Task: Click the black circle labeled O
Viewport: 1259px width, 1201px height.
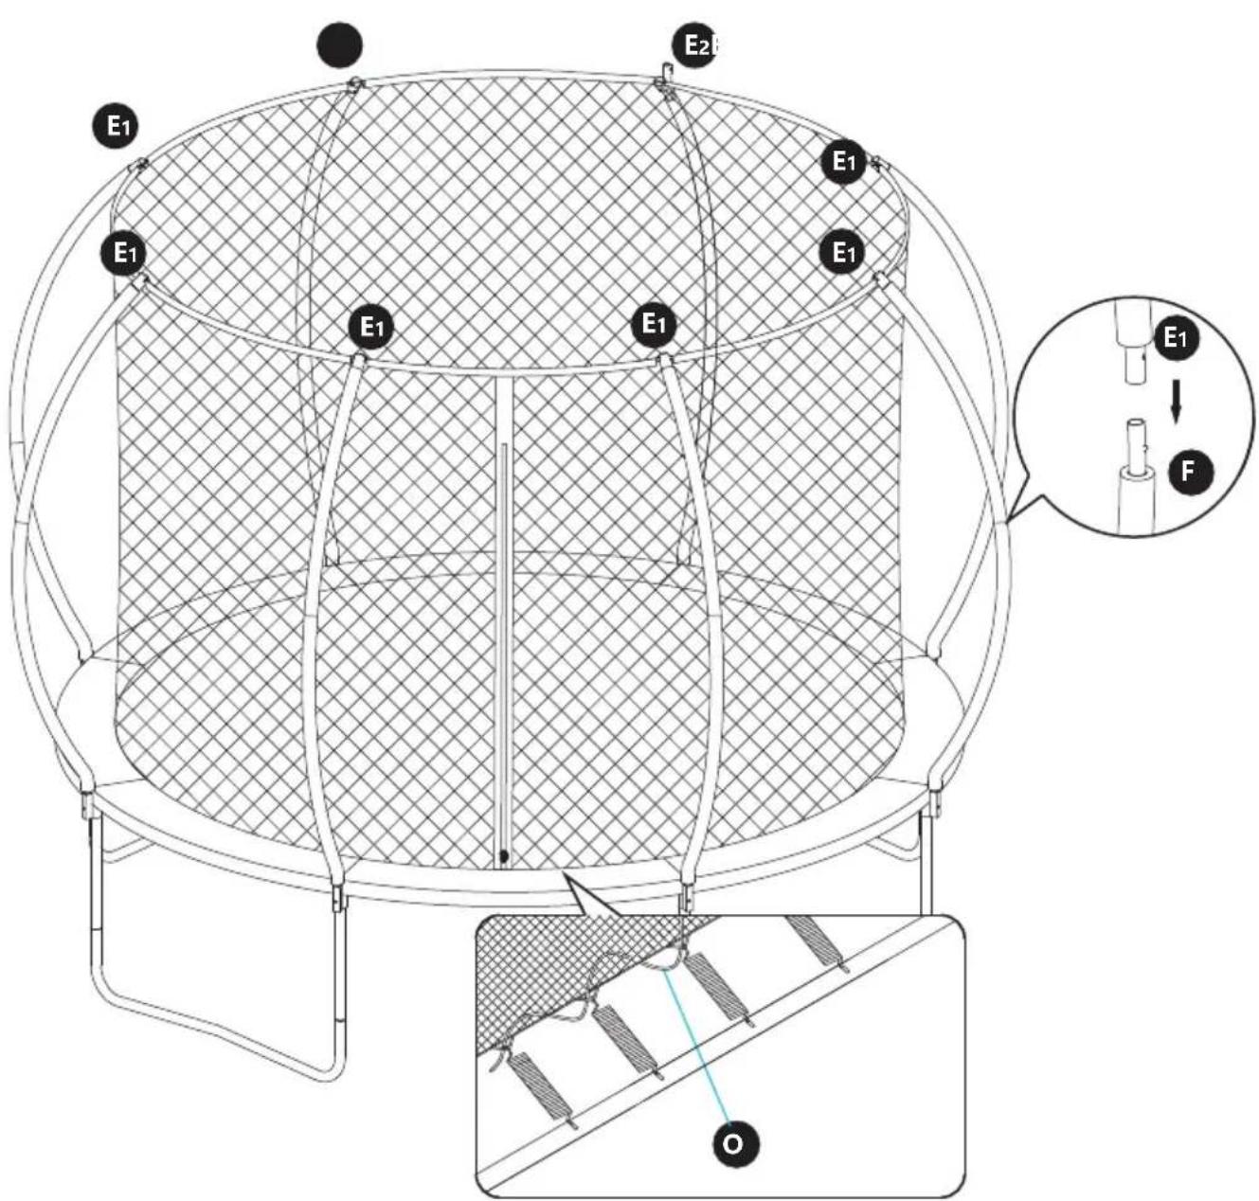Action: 732,1143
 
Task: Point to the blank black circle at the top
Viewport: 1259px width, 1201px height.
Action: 339,45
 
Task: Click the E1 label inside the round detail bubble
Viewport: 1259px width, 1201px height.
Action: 1176,338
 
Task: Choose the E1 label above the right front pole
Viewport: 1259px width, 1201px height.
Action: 653,324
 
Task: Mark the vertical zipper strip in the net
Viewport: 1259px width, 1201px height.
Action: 504,616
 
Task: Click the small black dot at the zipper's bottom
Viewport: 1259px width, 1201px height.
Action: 504,856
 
